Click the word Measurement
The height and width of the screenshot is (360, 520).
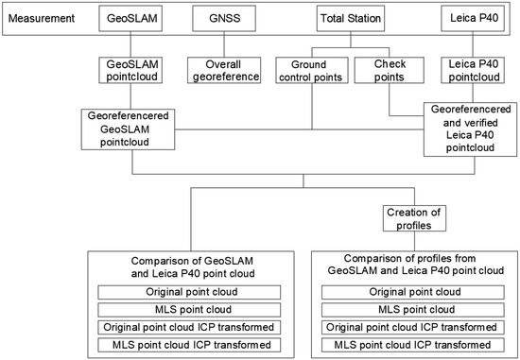coord(41,18)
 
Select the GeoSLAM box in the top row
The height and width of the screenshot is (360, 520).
coord(130,18)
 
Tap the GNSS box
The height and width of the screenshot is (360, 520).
coord(224,18)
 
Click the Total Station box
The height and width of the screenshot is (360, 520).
coord(351,18)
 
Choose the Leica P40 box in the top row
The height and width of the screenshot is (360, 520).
coord(473,18)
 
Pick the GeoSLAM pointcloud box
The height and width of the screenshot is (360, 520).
coord(130,70)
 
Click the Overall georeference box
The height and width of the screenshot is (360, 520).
coord(224,70)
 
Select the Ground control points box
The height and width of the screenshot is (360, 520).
coord(312,70)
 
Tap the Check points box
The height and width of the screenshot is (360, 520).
coord(389,70)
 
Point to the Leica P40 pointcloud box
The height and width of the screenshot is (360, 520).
coord(473,70)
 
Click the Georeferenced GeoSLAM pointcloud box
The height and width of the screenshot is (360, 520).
coord(128,129)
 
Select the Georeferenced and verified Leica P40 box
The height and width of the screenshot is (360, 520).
coord(470,129)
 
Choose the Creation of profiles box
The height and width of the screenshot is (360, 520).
coord(414,218)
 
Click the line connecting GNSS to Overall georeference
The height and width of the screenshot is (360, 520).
coord(224,44)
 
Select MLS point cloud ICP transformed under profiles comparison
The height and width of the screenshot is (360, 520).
coord(413,345)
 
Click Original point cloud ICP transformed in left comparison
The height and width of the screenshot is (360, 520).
coord(189,327)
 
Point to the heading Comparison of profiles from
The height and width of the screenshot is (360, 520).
coord(409,258)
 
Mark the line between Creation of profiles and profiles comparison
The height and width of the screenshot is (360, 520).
coord(414,241)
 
